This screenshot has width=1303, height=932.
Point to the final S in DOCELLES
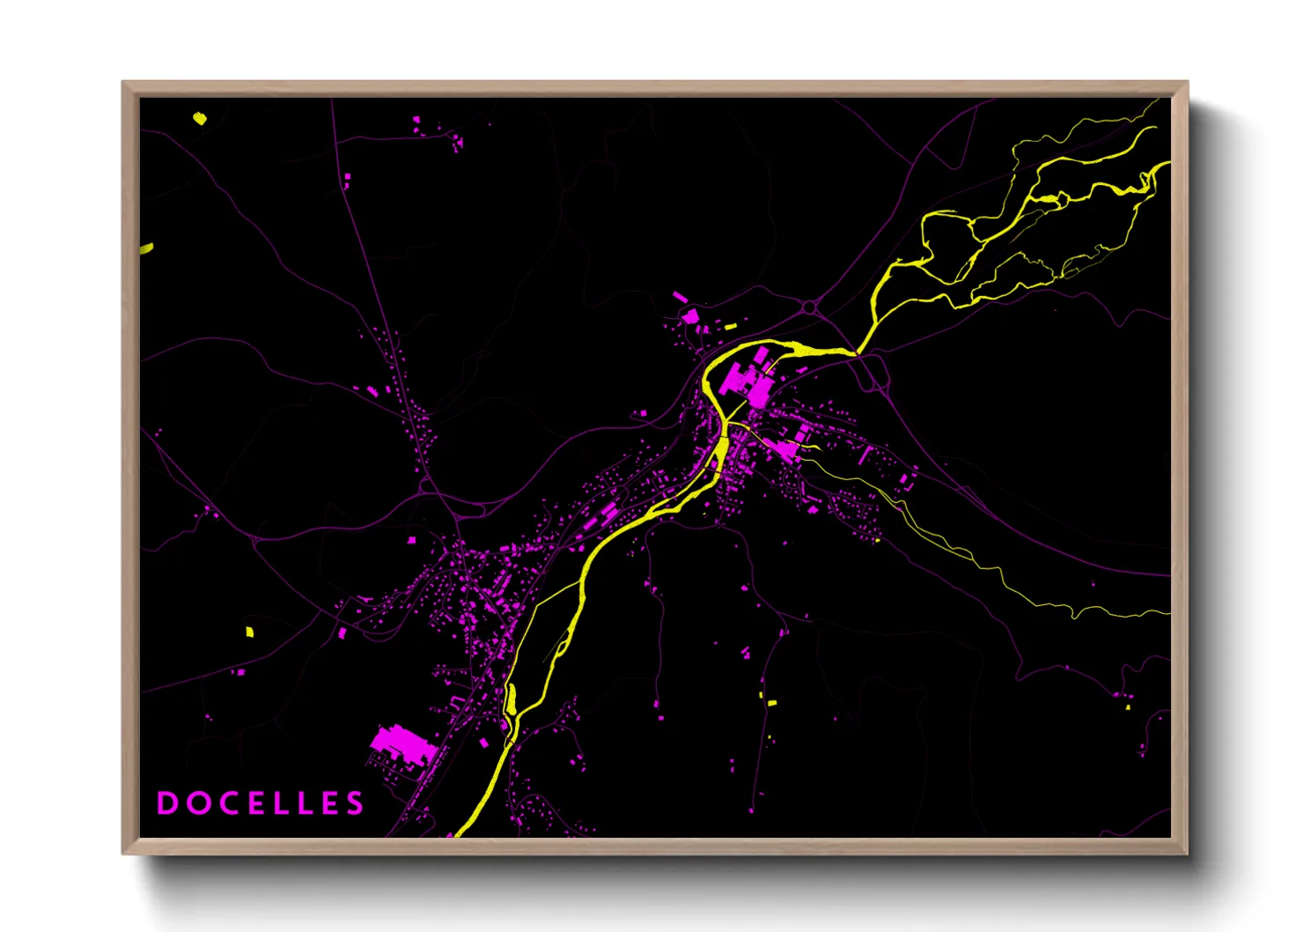pyautogui.click(x=355, y=803)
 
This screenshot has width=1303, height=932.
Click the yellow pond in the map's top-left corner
pyautogui.click(x=200, y=118)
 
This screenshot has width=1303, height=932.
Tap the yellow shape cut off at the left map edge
pyautogui.click(x=146, y=248)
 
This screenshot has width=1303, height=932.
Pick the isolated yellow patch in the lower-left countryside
pyautogui.click(x=249, y=632)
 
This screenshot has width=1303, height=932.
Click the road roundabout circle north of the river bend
pyautogui.click(x=809, y=307)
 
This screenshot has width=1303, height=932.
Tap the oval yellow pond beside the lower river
pyautogui.click(x=511, y=699)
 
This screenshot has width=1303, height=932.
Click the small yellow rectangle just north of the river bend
pyautogui.click(x=730, y=327)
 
